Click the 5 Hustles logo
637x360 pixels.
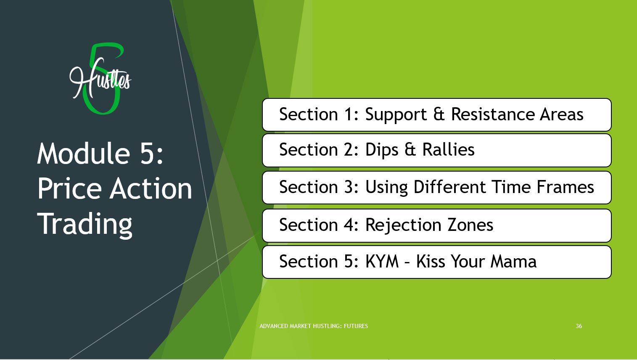pyautogui.click(x=100, y=79)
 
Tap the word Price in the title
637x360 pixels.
pyautogui.click(x=69, y=188)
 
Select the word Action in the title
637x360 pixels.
pyautogui.click(x=151, y=188)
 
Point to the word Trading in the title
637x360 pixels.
pyautogui.click(x=85, y=225)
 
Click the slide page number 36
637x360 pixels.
pyautogui.click(x=579, y=326)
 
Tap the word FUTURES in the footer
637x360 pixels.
pyautogui.click(x=356, y=326)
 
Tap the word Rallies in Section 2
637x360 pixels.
pyautogui.click(x=449, y=150)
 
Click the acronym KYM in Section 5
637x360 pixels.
pyautogui.click(x=382, y=261)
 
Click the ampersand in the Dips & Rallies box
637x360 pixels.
pyautogui.click(x=410, y=150)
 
